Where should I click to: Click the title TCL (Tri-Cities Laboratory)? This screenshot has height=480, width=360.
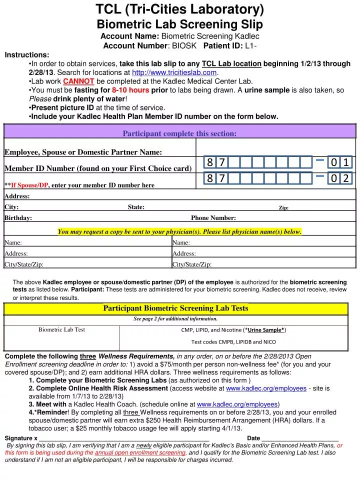pos(179,9)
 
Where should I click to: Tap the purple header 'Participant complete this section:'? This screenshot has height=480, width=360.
pos(179,133)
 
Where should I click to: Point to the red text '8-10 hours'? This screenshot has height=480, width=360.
pos(130,90)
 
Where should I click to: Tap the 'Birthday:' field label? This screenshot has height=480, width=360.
pos(18,218)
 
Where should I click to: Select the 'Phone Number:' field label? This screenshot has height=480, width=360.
pos(213,218)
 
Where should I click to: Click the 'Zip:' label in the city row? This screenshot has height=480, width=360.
pos(283,207)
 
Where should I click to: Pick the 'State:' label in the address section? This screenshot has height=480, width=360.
pos(136,207)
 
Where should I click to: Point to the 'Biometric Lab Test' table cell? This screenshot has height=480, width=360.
pos(61,329)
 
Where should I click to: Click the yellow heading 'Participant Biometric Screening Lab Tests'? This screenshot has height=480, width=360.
pos(175,308)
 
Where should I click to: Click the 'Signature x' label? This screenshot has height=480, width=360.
pos(21,438)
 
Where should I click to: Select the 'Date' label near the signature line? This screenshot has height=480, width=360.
pos(253,438)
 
